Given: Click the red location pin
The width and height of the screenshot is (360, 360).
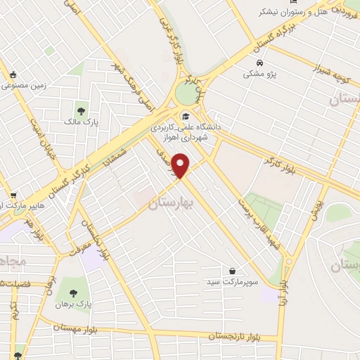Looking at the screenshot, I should pos(182,166).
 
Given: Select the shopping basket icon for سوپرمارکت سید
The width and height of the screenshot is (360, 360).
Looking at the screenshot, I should pos(231,270).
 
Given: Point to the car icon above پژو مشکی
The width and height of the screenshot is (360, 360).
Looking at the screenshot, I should pos(251,60).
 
